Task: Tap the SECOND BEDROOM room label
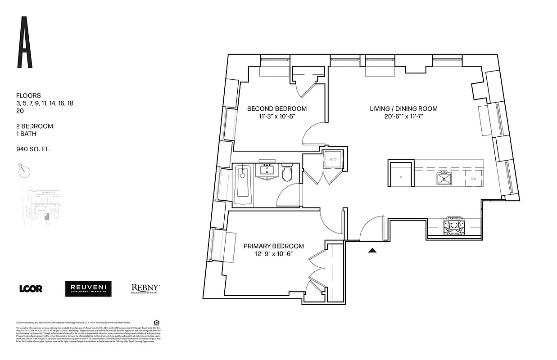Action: pos(277,109)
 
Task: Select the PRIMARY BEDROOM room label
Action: pos(273,246)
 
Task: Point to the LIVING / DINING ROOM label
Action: pos(403,109)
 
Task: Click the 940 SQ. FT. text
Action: pos(32,148)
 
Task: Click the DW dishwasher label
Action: pos(474,179)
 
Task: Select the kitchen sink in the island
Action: pos(444,178)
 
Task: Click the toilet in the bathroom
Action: pos(287,174)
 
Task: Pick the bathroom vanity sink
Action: pos(268,171)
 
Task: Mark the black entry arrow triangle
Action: pos(372,250)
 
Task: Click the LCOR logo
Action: pos(31,289)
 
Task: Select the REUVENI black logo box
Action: pos(88,289)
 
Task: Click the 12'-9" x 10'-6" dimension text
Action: pos(273,254)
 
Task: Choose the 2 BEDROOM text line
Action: pos(34,126)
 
